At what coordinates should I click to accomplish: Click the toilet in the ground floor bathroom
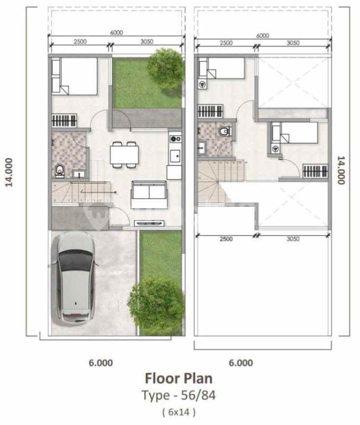[x=60, y=170]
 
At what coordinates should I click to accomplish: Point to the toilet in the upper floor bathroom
[x=224, y=131]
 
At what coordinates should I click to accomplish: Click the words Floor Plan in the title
[x=179, y=378]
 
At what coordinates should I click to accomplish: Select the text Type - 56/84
[x=179, y=395]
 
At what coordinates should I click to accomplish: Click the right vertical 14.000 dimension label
[x=341, y=170]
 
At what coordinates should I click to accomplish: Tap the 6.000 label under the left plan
[x=100, y=363]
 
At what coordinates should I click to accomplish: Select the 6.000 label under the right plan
[x=241, y=363]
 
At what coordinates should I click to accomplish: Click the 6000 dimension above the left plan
[x=117, y=33]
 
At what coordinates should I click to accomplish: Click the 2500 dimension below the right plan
[x=226, y=239]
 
